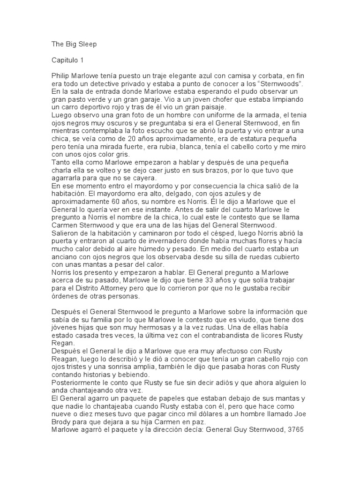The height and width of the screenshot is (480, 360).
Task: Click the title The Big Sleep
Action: click(74, 45)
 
